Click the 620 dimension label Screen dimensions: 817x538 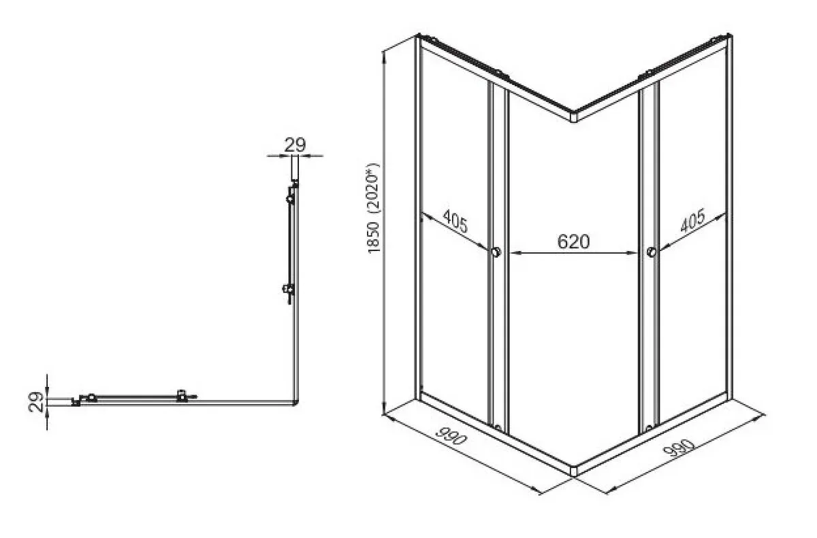pos(573,241)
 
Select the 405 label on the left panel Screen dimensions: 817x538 pos(455,221)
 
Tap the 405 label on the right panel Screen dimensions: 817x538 pos(692,220)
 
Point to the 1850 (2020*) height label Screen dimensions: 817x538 pos(374,208)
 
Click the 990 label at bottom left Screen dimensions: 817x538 pos(451,436)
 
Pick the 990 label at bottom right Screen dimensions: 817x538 pos(678,448)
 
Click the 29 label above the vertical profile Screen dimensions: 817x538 pos(295,145)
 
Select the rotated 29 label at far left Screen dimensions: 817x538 pos(35,402)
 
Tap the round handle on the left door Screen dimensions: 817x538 pos(496,252)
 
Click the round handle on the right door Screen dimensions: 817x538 pos(652,252)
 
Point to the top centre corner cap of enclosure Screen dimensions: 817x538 pos(574,116)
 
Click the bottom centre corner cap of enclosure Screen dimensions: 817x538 pos(574,471)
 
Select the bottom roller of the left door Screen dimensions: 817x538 pos(498,428)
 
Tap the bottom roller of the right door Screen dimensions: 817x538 pos(649,428)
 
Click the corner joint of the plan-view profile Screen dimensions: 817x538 pos(295,403)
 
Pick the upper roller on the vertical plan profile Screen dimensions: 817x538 pos(290,199)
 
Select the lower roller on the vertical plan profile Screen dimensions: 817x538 pos(289,289)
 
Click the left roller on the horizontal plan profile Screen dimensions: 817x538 pos(91,397)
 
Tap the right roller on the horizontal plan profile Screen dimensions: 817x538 pos(182,396)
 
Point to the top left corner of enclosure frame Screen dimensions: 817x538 pos(417,36)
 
